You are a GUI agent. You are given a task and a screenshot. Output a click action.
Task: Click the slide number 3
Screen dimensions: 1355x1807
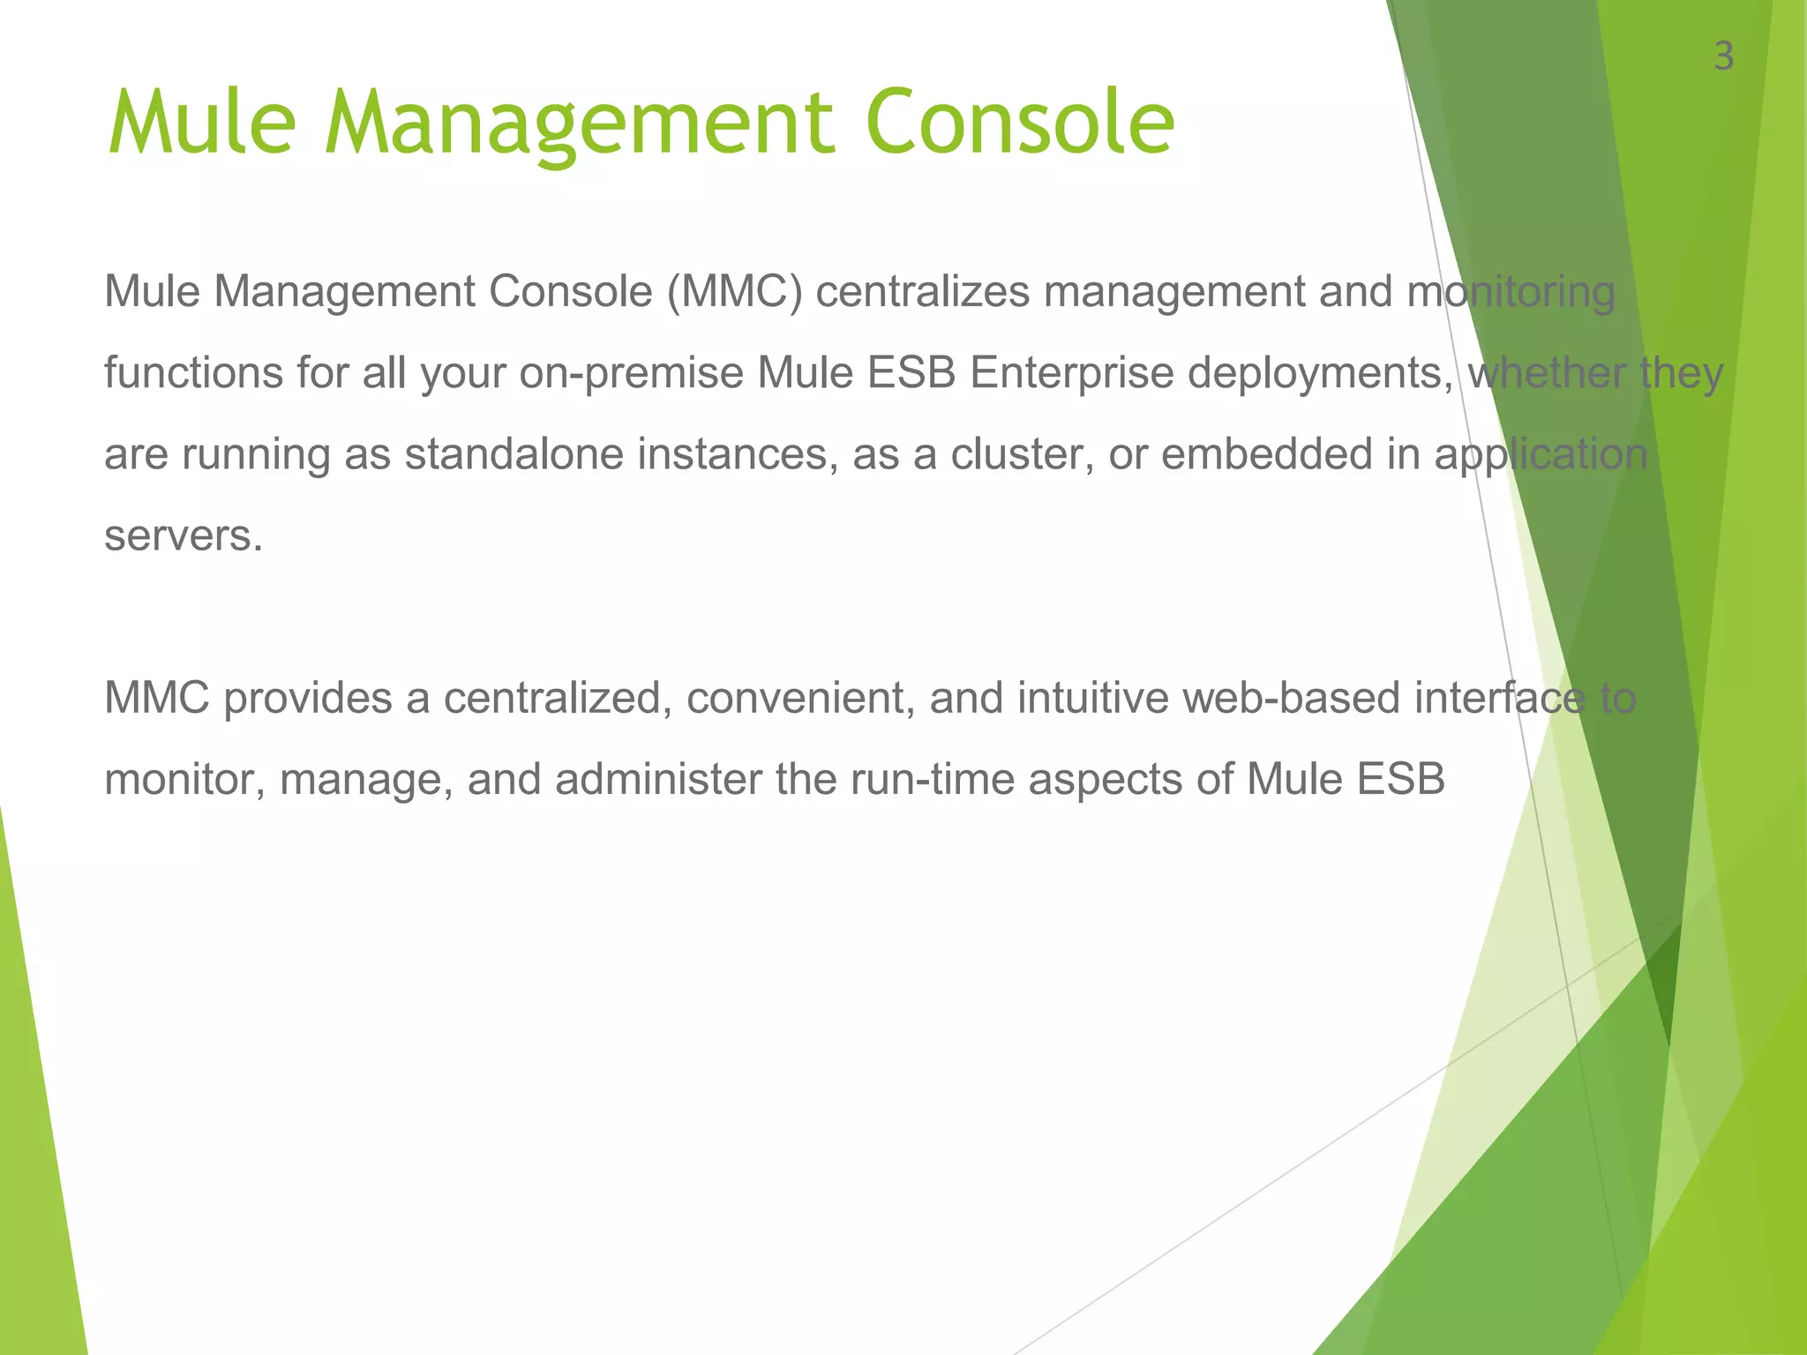point(1723,57)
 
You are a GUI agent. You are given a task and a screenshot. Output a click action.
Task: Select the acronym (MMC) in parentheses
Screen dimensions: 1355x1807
point(735,292)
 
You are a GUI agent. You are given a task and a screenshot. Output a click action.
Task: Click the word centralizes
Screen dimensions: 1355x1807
point(922,292)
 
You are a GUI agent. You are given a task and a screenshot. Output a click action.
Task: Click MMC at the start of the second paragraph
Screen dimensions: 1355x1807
point(156,699)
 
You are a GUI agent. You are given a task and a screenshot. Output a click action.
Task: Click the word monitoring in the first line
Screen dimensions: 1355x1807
point(1511,292)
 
